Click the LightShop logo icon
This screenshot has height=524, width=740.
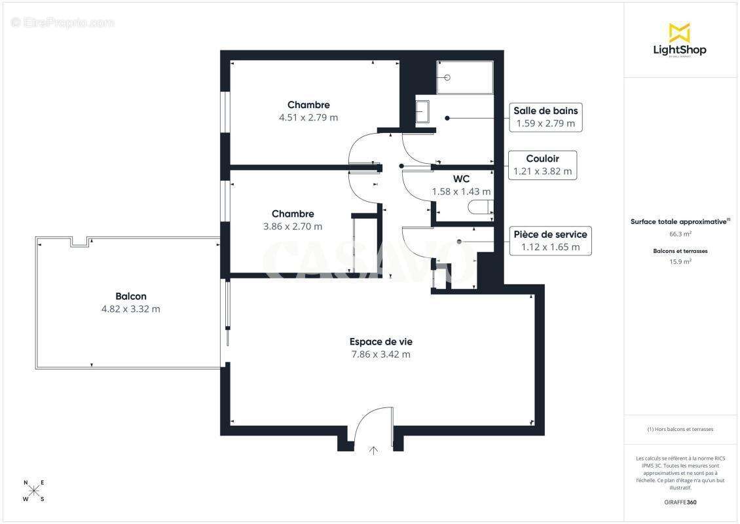(679, 32)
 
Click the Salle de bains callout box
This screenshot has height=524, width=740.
(546, 117)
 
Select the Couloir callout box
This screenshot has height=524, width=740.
(542, 165)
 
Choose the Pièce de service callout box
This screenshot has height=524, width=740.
(550, 240)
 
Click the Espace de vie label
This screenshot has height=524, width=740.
(380, 341)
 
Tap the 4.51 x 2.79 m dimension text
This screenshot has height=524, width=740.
(308, 118)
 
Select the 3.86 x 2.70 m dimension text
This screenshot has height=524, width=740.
(293, 227)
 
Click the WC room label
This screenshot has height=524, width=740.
(461, 179)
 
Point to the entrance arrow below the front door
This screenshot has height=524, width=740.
(374, 450)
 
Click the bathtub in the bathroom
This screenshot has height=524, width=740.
(465, 78)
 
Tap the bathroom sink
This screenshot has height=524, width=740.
(422, 112)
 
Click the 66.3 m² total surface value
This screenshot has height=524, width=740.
(680, 233)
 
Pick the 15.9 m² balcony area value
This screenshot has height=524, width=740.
(680, 261)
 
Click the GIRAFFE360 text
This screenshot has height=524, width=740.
(680, 502)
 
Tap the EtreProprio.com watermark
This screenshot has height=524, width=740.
(63, 23)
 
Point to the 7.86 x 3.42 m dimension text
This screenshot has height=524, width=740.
(380, 354)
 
